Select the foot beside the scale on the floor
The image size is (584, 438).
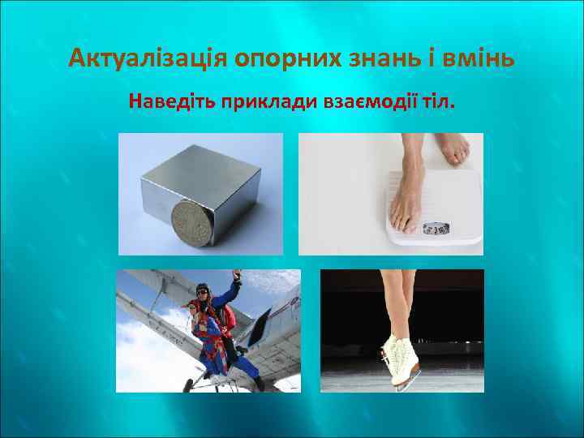click(x=452, y=149)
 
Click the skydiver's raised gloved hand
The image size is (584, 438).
click(x=238, y=279)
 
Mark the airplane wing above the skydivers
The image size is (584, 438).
click(x=162, y=292)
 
